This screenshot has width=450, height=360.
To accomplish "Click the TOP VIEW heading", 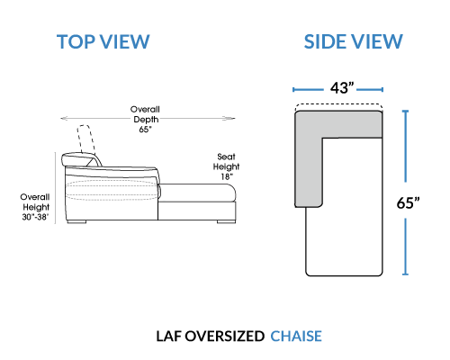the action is click(x=103, y=41).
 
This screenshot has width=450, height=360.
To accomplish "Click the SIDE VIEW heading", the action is click(x=353, y=41).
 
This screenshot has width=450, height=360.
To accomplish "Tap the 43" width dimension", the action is click(x=342, y=88).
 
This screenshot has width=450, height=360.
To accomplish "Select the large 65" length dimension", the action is click(x=408, y=202).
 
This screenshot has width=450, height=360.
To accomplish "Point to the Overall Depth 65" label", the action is click(x=145, y=119).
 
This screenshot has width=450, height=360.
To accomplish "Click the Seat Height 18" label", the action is click(x=226, y=166).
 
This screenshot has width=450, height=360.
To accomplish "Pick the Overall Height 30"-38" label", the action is click(x=35, y=207).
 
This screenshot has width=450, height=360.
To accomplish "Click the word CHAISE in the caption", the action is click(x=296, y=337).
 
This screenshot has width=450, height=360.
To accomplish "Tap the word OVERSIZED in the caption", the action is click(x=224, y=337).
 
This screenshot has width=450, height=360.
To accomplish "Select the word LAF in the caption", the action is click(x=169, y=337).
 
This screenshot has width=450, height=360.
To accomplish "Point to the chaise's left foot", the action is click(x=76, y=222).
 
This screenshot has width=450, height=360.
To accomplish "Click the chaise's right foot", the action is click(x=226, y=222).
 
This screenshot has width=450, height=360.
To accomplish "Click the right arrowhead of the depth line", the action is click(x=230, y=119).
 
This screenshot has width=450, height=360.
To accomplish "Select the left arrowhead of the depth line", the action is click(x=66, y=119).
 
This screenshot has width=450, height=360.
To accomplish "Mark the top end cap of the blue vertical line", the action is click(x=405, y=111).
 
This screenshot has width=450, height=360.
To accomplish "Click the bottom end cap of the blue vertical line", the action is click(x=405, y=274).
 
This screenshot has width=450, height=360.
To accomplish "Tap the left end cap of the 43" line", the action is click(x=293, y=89).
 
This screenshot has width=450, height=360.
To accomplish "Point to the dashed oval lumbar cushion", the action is click(x=112, y=190).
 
